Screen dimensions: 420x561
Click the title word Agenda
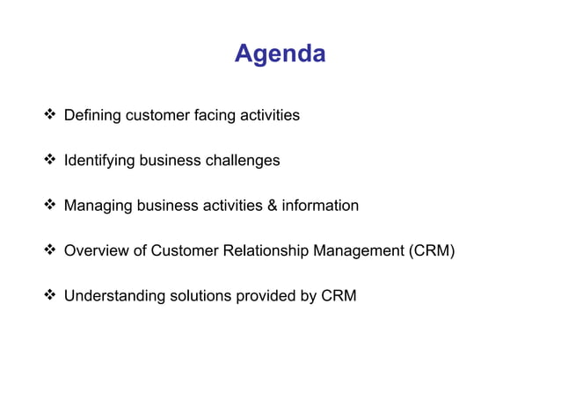(280, 54)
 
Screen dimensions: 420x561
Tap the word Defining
(92, 115)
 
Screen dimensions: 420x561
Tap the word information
(320, 206)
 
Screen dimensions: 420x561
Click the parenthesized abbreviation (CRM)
(430, 252)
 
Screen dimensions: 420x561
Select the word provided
(265, 296)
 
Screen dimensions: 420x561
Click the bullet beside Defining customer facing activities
(51, 115)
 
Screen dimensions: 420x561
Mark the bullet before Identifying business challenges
(51, 161)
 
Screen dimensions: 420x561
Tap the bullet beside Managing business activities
(51, 206)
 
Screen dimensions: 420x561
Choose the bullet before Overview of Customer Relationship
(51, 252)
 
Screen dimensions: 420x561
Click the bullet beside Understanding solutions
(51, 296)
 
